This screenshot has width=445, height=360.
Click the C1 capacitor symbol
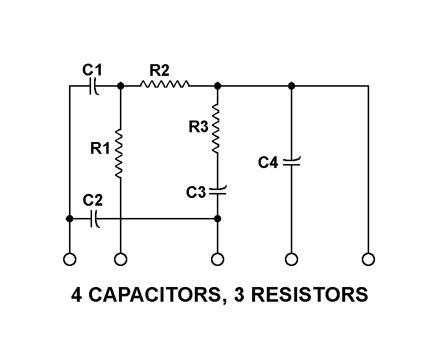pos(94,86)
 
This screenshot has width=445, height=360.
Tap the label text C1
pos(92,71)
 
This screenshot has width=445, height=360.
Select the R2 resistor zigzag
pos(164,86)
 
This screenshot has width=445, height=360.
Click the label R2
pos(159,71)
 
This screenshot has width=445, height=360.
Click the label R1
pos(100,149)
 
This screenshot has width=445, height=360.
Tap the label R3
pos(199,127)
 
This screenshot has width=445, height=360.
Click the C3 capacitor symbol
pos(218,192)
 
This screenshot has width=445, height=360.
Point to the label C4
pos(268,163)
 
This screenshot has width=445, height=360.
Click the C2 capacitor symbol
pos(95,219)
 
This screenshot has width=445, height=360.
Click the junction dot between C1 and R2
pos(120,86)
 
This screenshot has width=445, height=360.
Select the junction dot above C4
pos(291,86)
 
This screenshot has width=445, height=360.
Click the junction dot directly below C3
pos(218,218)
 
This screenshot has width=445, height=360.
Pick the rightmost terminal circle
pos(368,259)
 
